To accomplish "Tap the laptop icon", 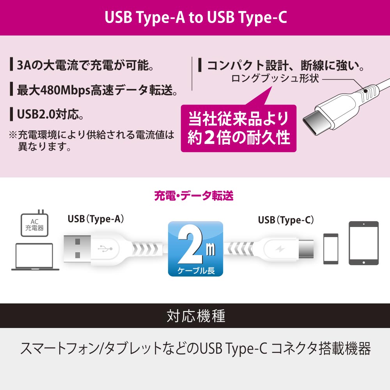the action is point(35,257).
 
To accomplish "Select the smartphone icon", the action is point(331,249).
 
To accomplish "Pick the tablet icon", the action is point(363,243).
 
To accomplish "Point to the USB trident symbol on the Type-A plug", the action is point(105,248).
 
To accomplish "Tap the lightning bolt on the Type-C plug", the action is point(280,249).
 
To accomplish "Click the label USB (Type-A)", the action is point(96,219).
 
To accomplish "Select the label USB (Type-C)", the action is point(286,220).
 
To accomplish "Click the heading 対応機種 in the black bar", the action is point(196,316).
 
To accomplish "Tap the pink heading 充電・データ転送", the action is point(194,196).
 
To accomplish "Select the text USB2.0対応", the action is point(50,114).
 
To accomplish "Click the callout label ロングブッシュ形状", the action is point(275,78).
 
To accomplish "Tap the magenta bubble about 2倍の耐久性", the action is point(239,128).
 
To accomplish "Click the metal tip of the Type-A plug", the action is point(77,248).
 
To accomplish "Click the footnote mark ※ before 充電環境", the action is point(13,135).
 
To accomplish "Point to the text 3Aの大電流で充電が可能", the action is point(85,65).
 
